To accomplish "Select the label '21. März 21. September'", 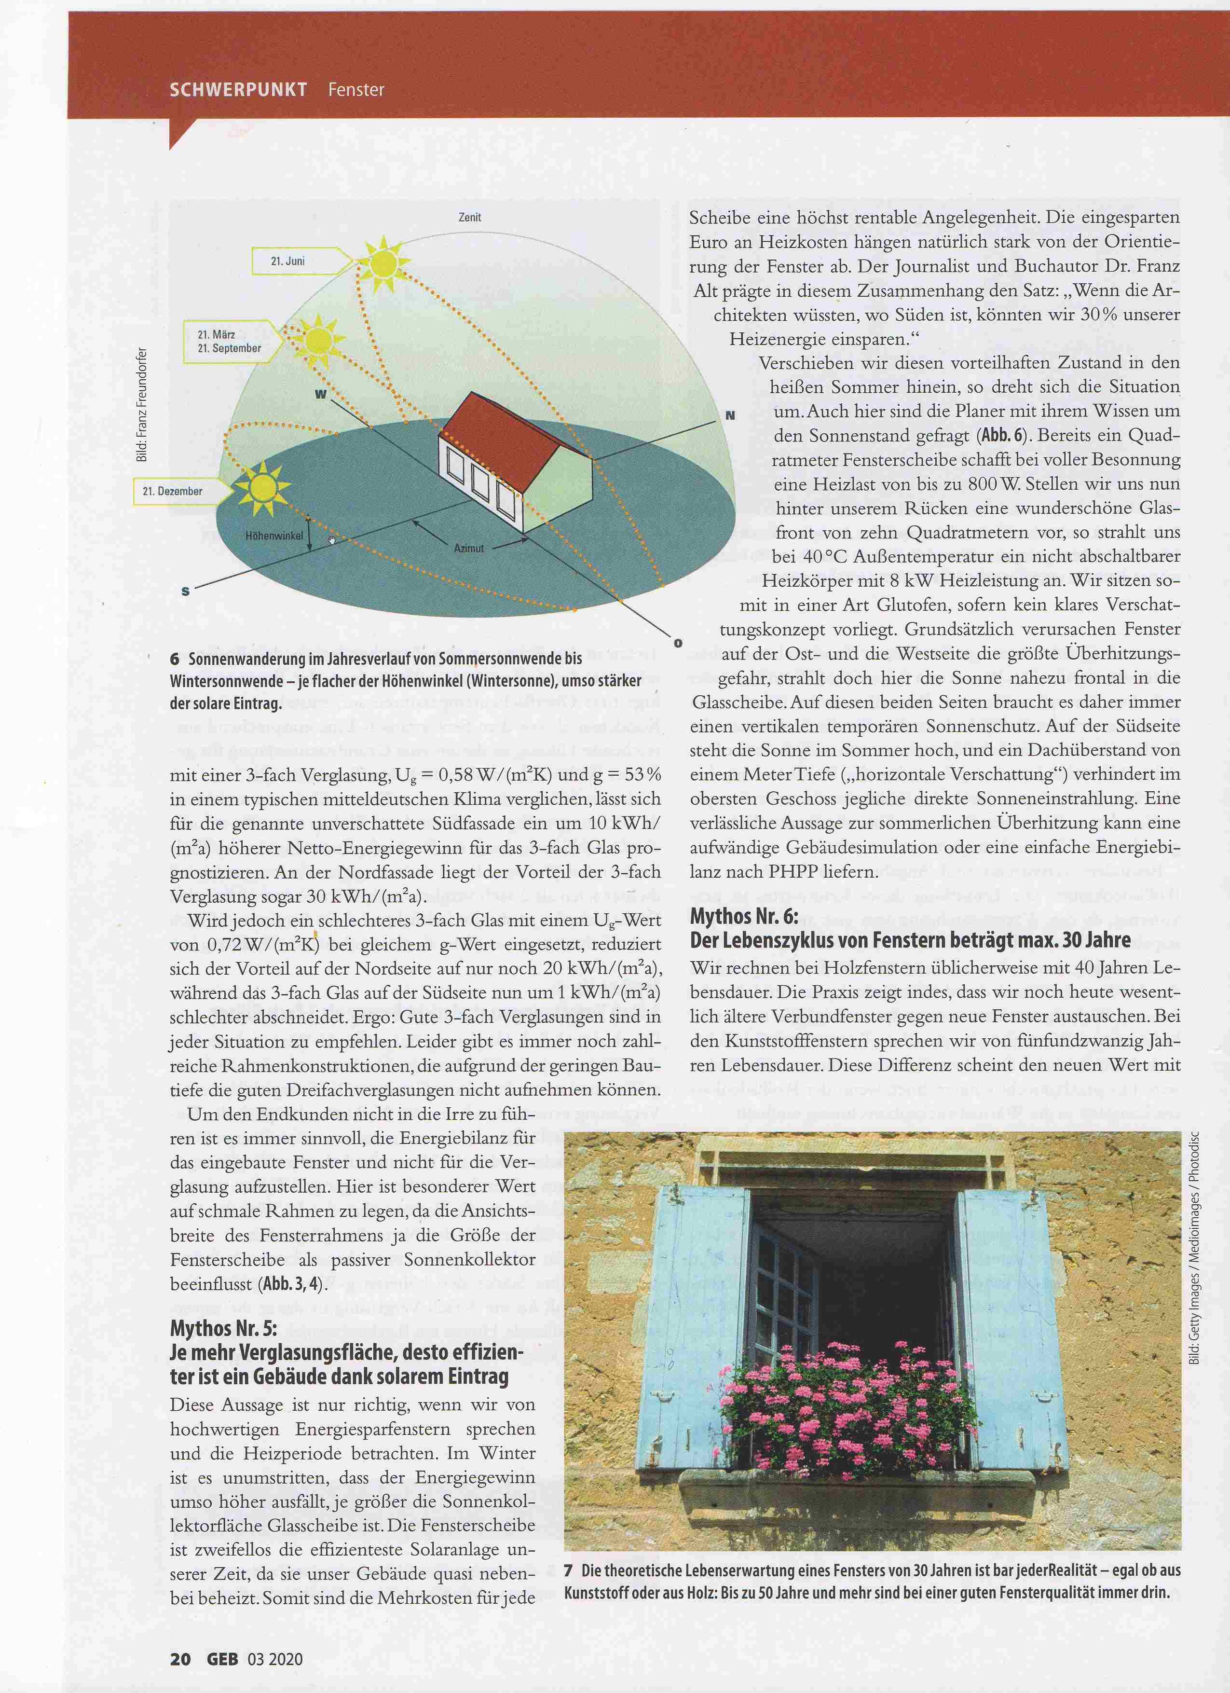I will click(x=229, y=341).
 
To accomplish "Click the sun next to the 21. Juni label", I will click(x=383, y=262).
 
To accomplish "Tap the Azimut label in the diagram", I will click(x=469, y=548).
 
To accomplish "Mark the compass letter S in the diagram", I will click(x=186, y=591).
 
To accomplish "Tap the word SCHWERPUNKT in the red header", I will click(x=238, y=90).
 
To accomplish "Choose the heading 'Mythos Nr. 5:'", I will click(x=224, y=1329).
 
